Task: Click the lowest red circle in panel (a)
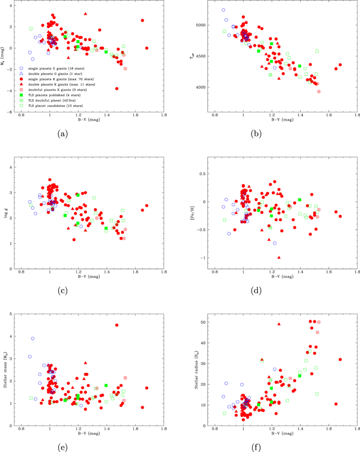point(117,89)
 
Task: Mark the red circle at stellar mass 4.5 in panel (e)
point(117,325)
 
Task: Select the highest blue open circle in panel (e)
point(33,338)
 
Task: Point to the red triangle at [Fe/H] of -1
point(279,257)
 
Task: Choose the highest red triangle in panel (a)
point(85,14)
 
